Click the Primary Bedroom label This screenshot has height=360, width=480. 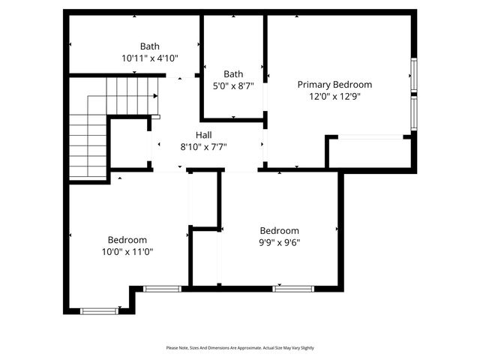click(x=334, y=85)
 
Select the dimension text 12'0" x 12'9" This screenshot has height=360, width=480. click(x=334, y=97)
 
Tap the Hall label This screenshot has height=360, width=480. click(x=203, y=135)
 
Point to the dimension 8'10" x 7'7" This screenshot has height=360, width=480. click(x=203, y=147)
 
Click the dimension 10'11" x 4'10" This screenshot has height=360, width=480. click(x=149, y=58)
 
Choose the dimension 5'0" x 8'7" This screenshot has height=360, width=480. click(x=233, y=85)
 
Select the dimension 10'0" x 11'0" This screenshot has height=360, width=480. click(x=127, y=252)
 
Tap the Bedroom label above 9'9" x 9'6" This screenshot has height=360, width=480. click(x=279, y=230)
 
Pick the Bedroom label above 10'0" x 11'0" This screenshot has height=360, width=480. click(x=127, y=240)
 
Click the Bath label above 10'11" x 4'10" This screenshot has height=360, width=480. click(x=149, y=46)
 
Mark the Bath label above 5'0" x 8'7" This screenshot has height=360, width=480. click(x=233, y=73)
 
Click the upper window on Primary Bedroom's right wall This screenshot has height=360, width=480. click(x=413, y=75)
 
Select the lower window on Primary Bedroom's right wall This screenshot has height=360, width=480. click(x=413, y=114)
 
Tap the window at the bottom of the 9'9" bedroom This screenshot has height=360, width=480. click(x=293, y=288)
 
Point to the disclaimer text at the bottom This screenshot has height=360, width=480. click(x=240, y=348)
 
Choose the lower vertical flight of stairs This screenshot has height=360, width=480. click(x=88, y=146)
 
